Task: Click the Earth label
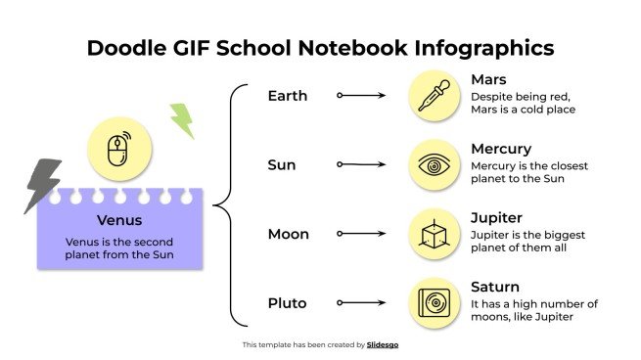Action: (x=287, y=96)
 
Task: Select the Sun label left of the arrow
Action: (x=282, y=165)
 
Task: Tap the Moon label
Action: (x=288, y=234)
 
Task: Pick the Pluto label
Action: (x=288, y=303)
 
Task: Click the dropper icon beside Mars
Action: (x=434, y=96)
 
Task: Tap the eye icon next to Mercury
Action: (x=434, y=165)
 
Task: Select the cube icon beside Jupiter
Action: (x=434, y=235)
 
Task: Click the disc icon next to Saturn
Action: (x=434, y=303)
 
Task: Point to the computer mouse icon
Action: (x=118, y=149)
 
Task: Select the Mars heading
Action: (x=489, y=79)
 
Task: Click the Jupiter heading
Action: (x=496, y=217)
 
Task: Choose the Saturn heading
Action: (x=494, y=287)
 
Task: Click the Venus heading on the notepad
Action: (x=119, y=220)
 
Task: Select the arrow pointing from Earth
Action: (x=361, y=96)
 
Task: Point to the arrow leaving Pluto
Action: (x=361, y=303)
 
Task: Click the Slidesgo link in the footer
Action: (x=382, y=344)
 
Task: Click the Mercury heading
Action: (x=501, y=149)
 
